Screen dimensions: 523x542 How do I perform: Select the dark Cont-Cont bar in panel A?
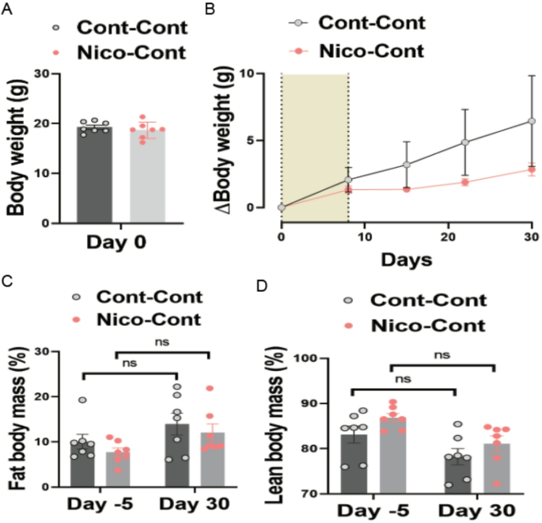tap(100, 174)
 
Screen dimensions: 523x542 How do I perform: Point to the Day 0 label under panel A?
tap(123, 242)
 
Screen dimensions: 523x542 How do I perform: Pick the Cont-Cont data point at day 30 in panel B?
tap(532, 121)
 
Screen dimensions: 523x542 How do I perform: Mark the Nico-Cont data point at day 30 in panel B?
tap(532, 169)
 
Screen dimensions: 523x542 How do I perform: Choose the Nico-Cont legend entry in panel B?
tap(372, 52)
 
